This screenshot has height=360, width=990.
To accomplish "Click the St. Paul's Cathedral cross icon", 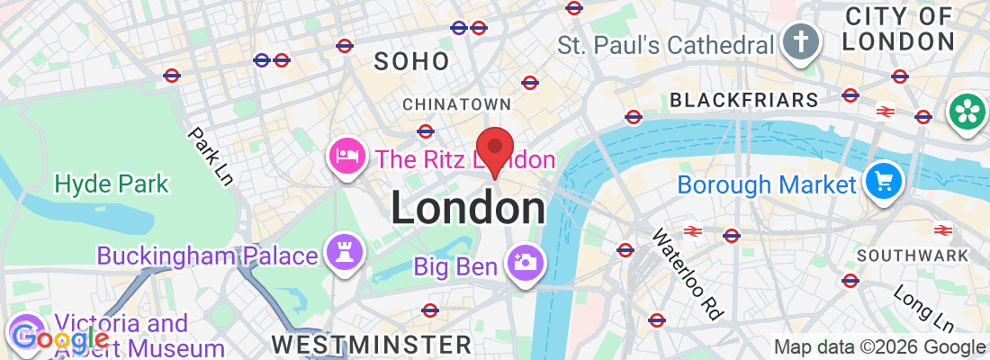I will [797, 42].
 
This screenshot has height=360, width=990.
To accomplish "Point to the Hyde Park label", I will [112, 184].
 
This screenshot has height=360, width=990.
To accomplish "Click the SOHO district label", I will [411, 61].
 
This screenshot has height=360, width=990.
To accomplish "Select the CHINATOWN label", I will [457, 105].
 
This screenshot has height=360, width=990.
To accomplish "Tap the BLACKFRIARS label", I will [743, 99].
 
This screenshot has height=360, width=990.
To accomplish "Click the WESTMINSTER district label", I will [371, 345].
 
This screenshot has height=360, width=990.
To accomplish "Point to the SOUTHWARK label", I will [913, 256].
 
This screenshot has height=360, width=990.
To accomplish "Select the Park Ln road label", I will [211, 156].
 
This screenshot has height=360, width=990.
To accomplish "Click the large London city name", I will [468, 208].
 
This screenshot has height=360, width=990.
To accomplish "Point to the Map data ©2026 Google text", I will [879, 346].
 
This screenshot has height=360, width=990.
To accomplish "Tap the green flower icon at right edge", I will [967, 112].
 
